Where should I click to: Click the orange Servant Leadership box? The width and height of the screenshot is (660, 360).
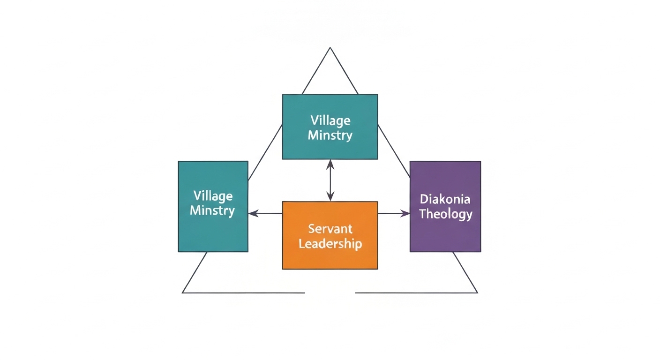coord(330,235)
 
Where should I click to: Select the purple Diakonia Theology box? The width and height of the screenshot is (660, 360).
coord(445,206)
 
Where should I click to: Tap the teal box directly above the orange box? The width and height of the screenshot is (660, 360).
coord(330,127)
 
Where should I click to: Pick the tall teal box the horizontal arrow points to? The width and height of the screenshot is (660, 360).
coord(213,206)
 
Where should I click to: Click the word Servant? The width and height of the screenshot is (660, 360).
coord(330,229)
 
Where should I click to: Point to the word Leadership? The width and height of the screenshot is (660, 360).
coord(330,244)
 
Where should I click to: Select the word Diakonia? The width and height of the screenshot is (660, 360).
coord(445,199)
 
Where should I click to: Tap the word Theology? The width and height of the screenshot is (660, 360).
coord(445,214)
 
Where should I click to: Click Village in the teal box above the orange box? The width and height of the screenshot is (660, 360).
coord(330,120)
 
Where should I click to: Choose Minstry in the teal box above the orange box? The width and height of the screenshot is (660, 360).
coord(330,135)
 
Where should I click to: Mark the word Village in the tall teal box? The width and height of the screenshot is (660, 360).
coord(213,195)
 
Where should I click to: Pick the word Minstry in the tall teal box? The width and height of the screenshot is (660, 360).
coord(213,210)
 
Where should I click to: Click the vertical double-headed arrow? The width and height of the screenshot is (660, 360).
coord(330,180)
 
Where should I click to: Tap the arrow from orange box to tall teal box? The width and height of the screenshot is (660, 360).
coord(265,214)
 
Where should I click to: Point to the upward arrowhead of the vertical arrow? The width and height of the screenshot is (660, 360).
coord(330,163)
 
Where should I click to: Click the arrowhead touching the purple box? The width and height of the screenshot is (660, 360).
coord(406,214)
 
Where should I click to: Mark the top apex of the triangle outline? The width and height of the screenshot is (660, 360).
coord(330,48)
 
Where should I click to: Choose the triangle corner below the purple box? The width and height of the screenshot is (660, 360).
coord(477,292)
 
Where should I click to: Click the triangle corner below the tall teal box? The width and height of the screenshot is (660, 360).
coord(183,292)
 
